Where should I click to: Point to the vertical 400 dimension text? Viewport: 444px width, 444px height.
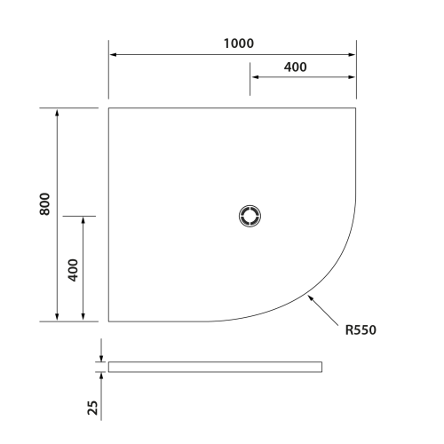pyautogui.click(x=73, y=268)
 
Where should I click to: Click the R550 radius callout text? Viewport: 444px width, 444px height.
pyautogui.click(x=361, y=330)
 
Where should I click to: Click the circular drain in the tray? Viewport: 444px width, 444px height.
pyautogui.click(x=250, y=216)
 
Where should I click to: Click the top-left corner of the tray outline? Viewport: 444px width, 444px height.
pyautogui.click(x=108, y=108)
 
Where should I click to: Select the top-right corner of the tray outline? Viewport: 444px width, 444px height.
pyautogui.click(x=356, y=108)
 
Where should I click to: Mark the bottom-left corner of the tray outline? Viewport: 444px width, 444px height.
pyautogui.click(x=108, y=321)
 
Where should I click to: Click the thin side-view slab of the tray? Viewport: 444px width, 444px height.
pyautogui.click(x=215, y=367)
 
